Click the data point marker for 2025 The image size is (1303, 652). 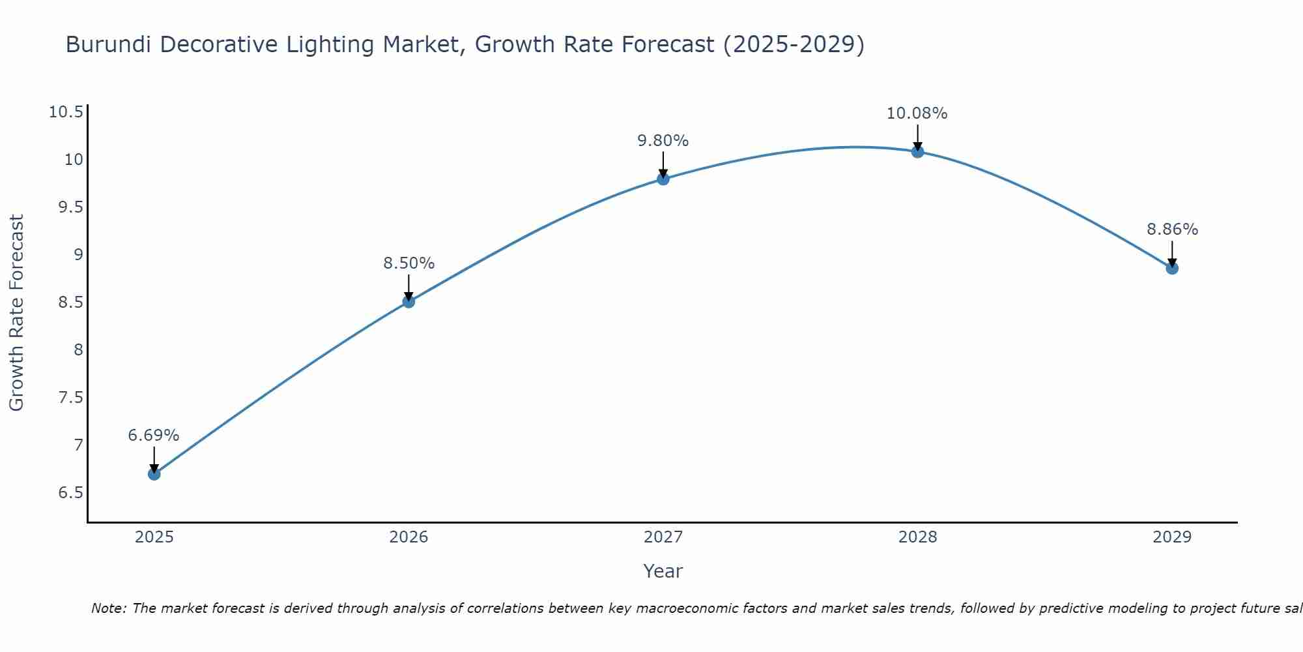[154, 474]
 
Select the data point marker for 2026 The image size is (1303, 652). [408, 301]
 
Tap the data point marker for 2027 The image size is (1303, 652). [663, 179]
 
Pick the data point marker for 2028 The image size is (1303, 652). [917, 152]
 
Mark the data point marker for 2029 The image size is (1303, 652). [1172, 268]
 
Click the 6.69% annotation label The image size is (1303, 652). [154, 436]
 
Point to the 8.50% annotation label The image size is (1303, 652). [408, 263]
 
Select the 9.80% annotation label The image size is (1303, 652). [663, 141]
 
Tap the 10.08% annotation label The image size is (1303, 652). [917, 113]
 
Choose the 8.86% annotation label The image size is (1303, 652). [1172, 230]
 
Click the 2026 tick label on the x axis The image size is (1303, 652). [408, 537]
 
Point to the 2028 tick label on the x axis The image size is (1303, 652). [917, 537]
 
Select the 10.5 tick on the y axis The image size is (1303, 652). [66, 112]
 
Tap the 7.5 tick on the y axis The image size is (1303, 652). [71, 398]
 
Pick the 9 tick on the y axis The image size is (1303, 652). [79, 255]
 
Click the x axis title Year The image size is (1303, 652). [663, 571]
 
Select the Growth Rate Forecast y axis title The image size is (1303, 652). [17, 313]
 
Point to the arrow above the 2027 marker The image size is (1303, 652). [663, 165]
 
